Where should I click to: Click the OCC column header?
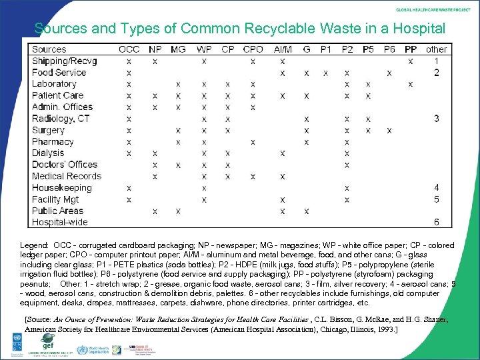pyautogui.click(x=129, y=49)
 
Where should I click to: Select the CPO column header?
pyautogui.click(x=253, y=49)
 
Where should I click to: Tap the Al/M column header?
pyautogui.click(x=283, y=49)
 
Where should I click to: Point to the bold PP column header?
pyautogui.click(x=411, y=49)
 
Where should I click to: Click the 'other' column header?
pyautogui.click(x=437, y=49)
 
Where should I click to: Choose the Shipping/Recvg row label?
pyautogui.click(x=64, y=61)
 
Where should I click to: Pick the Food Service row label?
pyautogui.click(x=59, y=72)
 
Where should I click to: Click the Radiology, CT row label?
pyautogui.click(x=61, y=119)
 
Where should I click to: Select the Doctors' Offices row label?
pyautogui.click(x=64, y=165)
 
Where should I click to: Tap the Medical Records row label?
pyautogui.click(x=67, y=176)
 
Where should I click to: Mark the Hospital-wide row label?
pyautogui.click(x=59, y=222)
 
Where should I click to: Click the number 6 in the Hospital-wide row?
pyautogui.click(x=437, y=222)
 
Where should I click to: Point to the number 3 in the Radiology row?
pyautogui.click(x=437, y=119)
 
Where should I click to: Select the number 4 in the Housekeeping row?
pyautogui.click(x=437, y=188)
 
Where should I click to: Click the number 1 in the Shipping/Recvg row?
pyautogui.click(x=437, y=61)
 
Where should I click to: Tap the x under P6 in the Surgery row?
pyautogui.click(x=389, y=130)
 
